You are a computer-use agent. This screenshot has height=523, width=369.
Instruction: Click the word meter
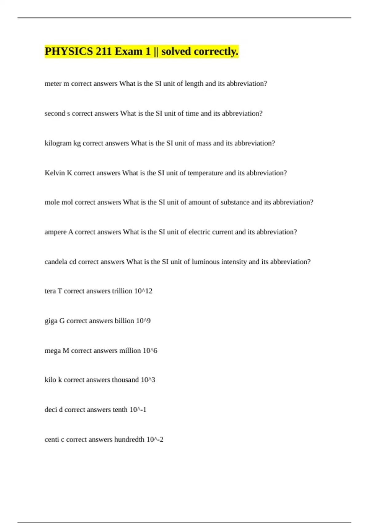(53, 84)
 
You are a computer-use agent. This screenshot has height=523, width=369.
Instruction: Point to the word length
(194, 84)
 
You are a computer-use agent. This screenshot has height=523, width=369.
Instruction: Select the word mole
(52, 202)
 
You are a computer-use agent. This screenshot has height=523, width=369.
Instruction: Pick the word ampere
(55, 232)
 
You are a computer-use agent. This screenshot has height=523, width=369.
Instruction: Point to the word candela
(56, 262)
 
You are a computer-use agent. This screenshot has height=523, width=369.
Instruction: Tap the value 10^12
(143, 291)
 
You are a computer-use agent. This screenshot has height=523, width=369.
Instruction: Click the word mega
(53, 351)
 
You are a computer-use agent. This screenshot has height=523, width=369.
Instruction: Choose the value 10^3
(148, 380)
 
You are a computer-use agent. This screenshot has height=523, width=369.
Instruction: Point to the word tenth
(120, 410)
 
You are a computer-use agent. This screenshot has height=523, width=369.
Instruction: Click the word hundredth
(129, 440)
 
